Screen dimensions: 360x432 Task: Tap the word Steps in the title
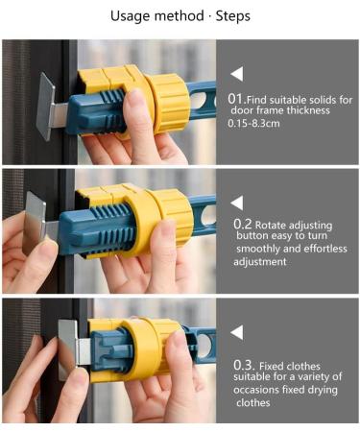point(232,16)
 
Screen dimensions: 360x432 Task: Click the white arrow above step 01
point(236,74)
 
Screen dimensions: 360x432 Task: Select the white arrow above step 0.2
point(236,203)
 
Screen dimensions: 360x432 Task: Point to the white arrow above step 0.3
point(236,332)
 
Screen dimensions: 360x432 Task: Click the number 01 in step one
point(235,99)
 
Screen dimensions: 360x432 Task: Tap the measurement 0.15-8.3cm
point(253,123)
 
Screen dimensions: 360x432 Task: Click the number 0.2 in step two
point(243,225)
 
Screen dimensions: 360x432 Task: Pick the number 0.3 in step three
point(244,365)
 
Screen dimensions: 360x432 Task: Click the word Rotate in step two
point(271,225)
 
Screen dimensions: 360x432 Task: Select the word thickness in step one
point(308,110)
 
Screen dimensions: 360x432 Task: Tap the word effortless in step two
point(325,249)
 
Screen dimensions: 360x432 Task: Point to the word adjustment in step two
point(260,262)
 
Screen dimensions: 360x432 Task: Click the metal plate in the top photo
point(46,106)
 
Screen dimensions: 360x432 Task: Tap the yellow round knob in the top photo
point(168,104)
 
